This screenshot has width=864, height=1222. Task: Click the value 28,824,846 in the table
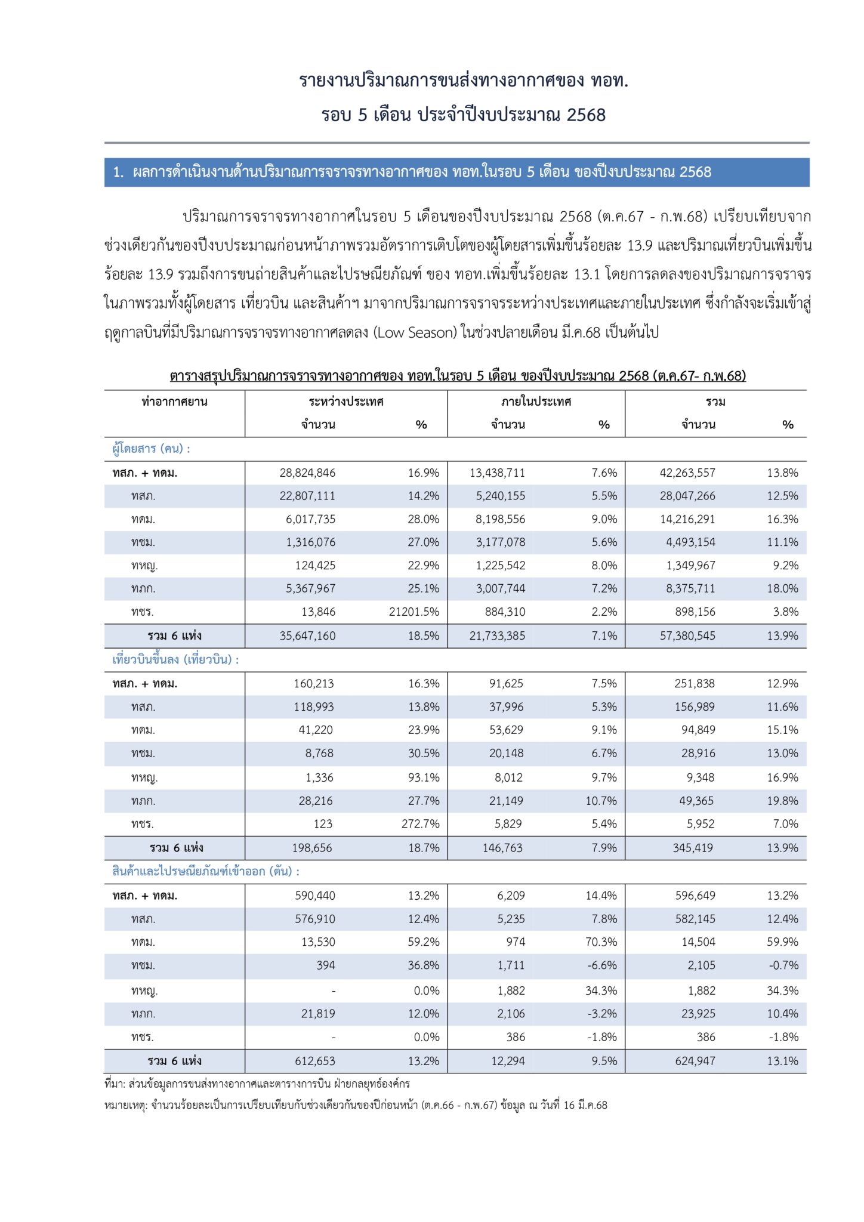point(307,473)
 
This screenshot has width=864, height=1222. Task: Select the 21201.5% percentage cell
point(414,612)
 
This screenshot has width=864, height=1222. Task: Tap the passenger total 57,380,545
point(687,635)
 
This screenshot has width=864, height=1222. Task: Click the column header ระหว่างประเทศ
point(346,402)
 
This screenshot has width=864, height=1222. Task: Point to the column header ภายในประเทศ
point(536,402)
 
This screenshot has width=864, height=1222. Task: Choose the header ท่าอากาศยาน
point(174,402)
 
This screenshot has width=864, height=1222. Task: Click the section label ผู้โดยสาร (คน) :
point(151,449)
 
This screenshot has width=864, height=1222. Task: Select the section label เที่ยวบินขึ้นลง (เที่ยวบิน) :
point(175,660)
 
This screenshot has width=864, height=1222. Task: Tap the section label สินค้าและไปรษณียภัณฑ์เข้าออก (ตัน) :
point(206,871)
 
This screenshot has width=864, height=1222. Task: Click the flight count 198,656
point(312,848)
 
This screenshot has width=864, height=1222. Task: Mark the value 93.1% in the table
point(424,777)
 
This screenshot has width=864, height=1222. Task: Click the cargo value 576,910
point(315,919)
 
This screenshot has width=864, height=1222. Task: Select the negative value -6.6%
point(601,965)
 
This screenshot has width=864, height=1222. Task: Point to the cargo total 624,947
point(695,1061)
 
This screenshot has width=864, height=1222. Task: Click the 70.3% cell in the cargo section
point(601,942)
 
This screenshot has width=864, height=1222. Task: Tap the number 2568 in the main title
point(586,115)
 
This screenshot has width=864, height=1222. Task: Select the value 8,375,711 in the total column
point(690,588)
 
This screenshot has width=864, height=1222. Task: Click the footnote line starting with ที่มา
point(257,1084)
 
